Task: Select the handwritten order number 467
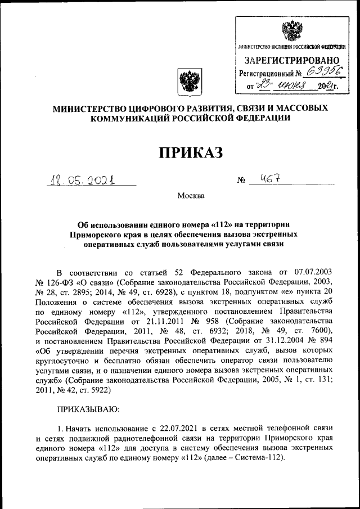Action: (263, 179)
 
